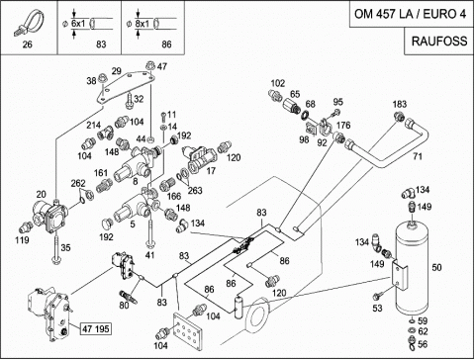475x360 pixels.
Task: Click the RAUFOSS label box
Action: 439,41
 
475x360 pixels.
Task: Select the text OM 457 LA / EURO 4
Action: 411,14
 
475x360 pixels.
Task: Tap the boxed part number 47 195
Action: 96,328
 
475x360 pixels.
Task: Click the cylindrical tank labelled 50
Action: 413,268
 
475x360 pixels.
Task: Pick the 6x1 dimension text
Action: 78,24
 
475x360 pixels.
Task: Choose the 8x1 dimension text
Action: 142,24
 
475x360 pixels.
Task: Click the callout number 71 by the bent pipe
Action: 418,156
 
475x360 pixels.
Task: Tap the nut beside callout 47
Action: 150,65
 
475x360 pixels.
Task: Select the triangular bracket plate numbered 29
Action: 126,86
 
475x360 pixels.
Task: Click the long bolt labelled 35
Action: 56,246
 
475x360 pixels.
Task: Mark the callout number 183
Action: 400,104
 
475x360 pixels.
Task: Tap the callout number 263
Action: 195,190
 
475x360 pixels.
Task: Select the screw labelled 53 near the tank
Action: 377,296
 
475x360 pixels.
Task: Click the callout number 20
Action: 41,194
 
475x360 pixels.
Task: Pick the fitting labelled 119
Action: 25,226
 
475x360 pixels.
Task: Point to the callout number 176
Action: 343,125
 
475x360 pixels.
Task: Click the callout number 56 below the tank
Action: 423,344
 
